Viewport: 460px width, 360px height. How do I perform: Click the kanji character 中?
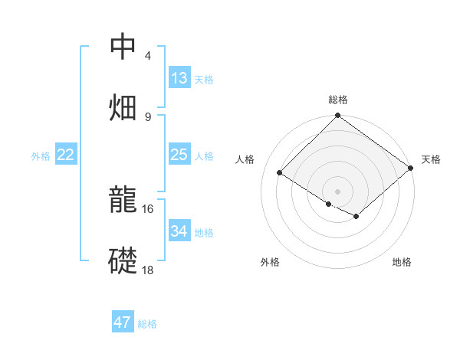(x=123, y=47)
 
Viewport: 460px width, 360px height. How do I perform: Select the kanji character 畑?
(x=123, y=106)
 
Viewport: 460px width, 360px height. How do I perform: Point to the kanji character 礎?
(x=123, y=260)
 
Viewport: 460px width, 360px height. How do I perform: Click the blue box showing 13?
(x=179, y=78)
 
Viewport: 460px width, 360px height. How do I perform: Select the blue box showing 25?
(x=179, y=155)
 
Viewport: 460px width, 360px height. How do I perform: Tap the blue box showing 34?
(x=179, y=231)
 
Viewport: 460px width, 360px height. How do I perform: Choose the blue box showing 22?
(x=66, y=155)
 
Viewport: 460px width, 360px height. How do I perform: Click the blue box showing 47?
(x=122, y=322)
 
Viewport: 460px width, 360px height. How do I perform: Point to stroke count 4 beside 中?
(x=148, y=56)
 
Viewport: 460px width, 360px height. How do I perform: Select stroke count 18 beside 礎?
(x=148, y=270)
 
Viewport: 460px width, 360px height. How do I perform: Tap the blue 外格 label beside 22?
(x=41, y=155)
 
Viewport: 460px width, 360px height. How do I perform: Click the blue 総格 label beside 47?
(x=147, y=324)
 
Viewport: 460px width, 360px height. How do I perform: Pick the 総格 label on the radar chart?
(x=338, y=100)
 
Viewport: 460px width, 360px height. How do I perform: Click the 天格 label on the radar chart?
(x=432, y=159)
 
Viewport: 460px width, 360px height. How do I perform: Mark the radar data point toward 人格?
(x=280, y=173)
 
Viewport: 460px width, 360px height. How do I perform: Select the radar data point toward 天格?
(x=412, y=168)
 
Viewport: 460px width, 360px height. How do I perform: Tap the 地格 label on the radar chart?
(x=402, y=262)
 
